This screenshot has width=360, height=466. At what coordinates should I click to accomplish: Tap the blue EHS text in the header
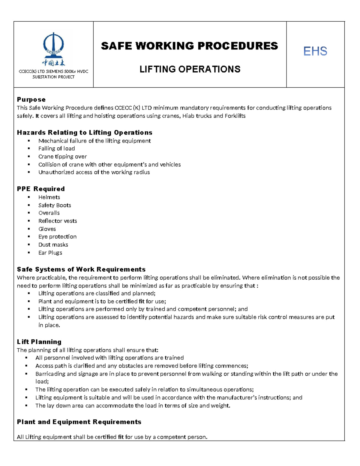click(x=315, y=51)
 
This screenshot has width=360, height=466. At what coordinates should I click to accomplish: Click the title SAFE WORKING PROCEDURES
click(x=189, y=46)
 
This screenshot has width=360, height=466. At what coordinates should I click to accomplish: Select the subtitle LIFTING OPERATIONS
click(x=190, y=69)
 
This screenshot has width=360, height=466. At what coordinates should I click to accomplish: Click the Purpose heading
click(x=31, y=100)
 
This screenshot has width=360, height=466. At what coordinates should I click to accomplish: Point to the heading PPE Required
click(x=41, y=189)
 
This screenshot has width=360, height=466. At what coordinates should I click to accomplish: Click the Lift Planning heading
click(x=39, y=342)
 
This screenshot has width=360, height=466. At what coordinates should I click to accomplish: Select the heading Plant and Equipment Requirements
click(x=79, y=422)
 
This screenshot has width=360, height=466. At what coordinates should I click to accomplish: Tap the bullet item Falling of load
click(x=56, y=149)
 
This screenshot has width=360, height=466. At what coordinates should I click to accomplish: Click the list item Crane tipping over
click(x=62, y=157)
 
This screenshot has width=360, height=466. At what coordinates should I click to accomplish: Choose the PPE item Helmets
click(x=49, y=197)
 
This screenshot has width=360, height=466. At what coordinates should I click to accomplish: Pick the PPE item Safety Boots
click(x=55, y=205)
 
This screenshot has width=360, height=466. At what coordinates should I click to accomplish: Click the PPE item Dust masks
click(x=53, y=245)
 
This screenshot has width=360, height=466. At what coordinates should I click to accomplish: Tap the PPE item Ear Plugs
click(x=50, y=253)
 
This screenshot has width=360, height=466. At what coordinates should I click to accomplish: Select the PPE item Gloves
click(x=47, y=229)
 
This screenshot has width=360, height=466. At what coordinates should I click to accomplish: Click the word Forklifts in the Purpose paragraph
click(x=235, y=116)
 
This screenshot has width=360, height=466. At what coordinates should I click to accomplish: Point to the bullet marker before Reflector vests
click(x=29, y=221)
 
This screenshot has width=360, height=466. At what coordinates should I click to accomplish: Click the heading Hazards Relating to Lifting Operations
click(x=85, y=133)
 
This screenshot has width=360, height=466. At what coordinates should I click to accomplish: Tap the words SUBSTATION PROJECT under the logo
click(x=53, y=77)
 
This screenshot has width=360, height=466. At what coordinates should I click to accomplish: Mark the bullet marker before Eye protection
click(x=29, y=237)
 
